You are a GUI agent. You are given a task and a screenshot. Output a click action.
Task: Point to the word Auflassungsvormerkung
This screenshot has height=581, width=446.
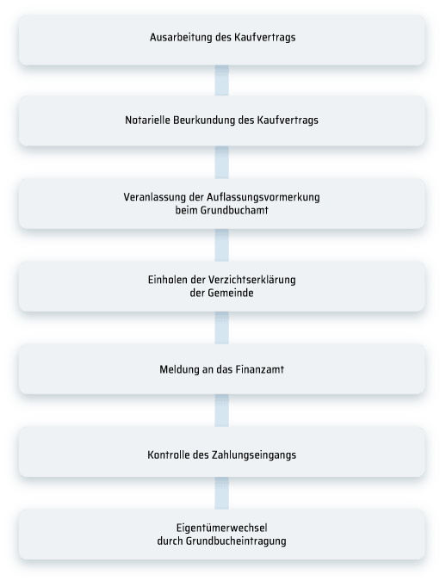(x=263, y=197)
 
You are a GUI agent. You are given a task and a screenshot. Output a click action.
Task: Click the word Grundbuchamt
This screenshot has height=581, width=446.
(x=234, y=211)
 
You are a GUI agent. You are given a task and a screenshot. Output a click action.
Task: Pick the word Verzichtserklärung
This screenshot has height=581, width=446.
(x=251, y=280)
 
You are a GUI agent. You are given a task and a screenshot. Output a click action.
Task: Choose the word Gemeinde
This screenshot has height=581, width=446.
(x=230, y=294)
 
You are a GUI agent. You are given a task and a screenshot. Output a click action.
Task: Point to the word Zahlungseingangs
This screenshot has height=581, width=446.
(x=254, y=455)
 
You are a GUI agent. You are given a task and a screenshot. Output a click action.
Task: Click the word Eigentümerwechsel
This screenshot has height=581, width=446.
(x=221, y=528)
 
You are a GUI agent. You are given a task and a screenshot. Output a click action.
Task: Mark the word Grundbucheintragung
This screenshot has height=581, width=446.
(x=236, y=541)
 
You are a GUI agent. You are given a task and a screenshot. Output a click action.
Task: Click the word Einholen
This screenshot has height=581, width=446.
(x=165, y=280)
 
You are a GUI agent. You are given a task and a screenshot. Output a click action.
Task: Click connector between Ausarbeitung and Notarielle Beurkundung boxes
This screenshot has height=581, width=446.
(x=221, y=80)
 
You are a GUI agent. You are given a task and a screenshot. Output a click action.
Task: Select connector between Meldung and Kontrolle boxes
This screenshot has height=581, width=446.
(x=221, y=411)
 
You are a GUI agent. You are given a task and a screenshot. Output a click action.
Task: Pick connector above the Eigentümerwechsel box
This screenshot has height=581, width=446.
(x=221, y=493)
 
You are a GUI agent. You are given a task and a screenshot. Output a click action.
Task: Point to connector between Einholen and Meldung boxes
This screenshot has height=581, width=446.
(x=221, y=328)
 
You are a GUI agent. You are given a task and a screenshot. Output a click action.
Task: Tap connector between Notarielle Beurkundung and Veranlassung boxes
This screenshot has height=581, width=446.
(x=221, y=163)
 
